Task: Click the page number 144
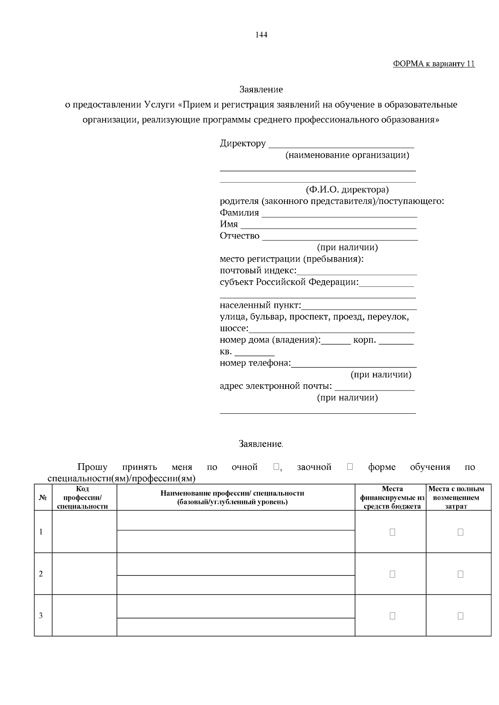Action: pyautogui.click(x=261, y=35)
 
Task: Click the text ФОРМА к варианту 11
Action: pyautogui.click(x=434, y=64)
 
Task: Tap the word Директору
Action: pyautogui.click(x=243, y=144)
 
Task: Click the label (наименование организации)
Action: pyautogui.click(x=347, y=155)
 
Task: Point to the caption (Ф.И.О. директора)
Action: pyautogui.click(x=347, y=190)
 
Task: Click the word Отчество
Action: pyautogui.click(x=240, y=236)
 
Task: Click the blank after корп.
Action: pyautogui.click(x=396, y=342)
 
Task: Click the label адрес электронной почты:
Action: pyautogui.click(x=276, y=386)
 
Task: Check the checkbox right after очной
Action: pyautogui.click(x=276, y=467)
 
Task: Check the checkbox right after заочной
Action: pyautogui.click(x=350, y=467)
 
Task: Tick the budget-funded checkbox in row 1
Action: pyautogui.click(x=392, y=532)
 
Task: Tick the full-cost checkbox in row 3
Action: pyautogui.click(x=460, y=616)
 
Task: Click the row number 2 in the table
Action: pyautogui.click(x=41, y=574)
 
